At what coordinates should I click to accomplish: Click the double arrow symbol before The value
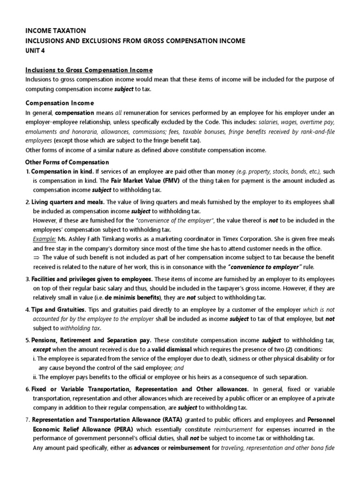point(37,257)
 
